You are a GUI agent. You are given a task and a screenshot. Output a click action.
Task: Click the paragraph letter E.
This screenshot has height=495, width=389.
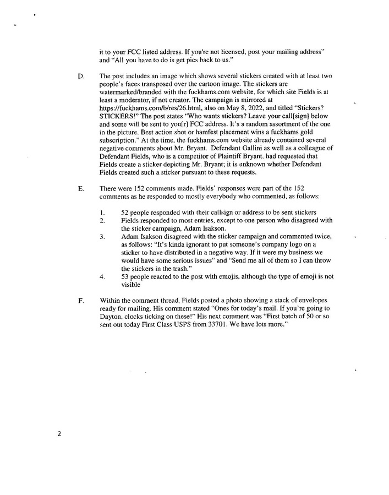(x=81, y=188)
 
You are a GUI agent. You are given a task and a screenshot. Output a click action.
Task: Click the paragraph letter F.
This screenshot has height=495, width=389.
(x=81, y=301)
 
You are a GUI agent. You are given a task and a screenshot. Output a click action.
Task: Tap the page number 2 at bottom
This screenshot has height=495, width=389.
(x=59, y=433)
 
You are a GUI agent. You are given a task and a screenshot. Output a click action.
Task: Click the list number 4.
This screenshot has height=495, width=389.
(x=102, y=277)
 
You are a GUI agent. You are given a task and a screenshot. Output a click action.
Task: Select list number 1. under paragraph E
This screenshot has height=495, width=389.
(x=102, y=213)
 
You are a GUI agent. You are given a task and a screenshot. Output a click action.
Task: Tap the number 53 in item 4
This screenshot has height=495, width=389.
(x=125, y=277)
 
